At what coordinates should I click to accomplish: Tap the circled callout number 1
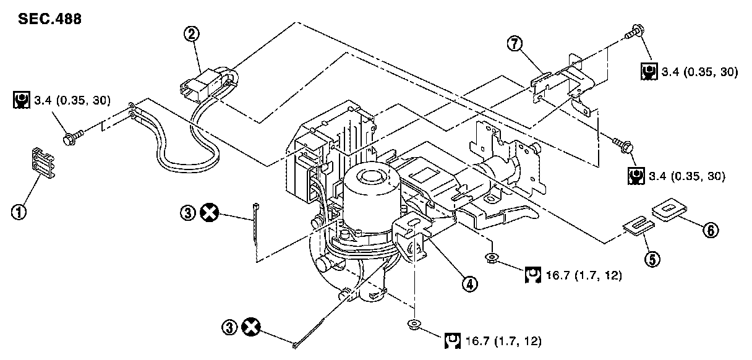click(20, 213)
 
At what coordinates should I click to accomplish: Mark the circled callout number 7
click(513, 44)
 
